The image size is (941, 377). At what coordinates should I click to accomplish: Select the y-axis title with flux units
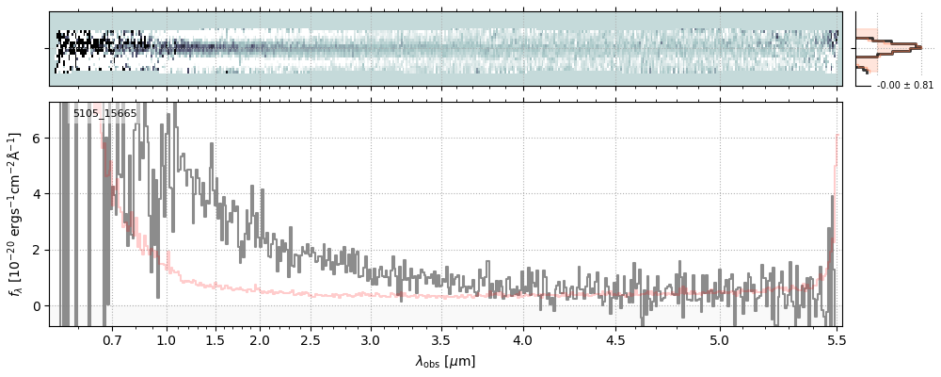pos(16,214)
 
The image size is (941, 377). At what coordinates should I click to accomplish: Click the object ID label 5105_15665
pos(104,114)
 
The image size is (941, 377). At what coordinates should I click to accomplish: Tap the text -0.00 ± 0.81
pos(904,85)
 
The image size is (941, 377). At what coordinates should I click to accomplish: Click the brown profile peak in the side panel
pos(915,45)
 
